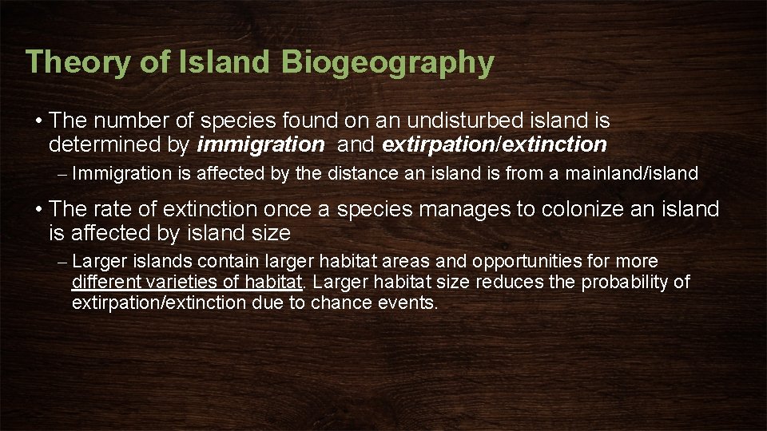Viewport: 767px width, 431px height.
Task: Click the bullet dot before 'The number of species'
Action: click(x=38, y=121)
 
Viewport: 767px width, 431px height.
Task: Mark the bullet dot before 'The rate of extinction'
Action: click(x=38, y=211)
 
